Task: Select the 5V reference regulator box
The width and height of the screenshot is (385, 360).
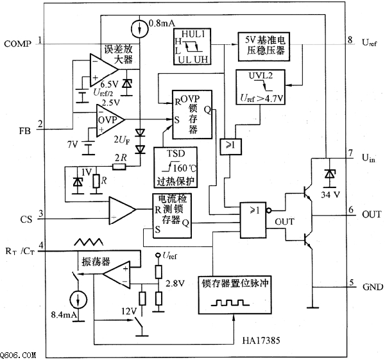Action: [263, 47]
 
